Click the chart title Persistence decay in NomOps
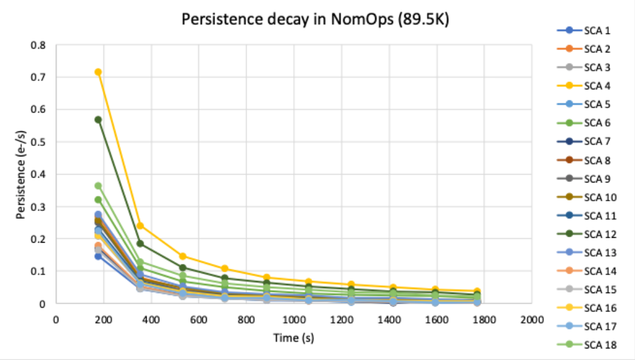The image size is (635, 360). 316,19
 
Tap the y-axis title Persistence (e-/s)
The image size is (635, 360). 21,174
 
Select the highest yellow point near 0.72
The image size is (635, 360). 98,72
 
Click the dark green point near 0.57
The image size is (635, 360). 98,120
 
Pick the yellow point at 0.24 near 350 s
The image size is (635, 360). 140,226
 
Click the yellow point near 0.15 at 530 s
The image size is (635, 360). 182,256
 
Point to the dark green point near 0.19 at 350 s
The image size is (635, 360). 140,243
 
